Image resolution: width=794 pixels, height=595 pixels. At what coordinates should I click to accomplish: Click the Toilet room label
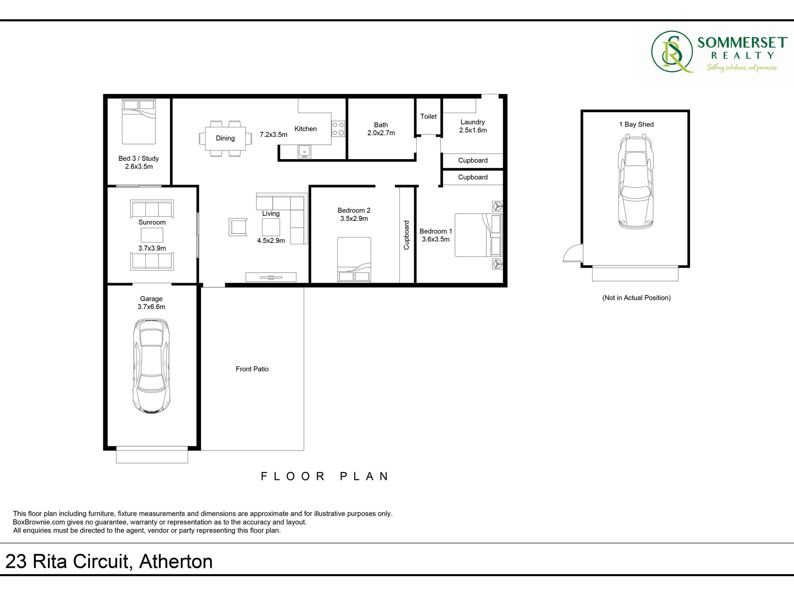(x=428, y=116)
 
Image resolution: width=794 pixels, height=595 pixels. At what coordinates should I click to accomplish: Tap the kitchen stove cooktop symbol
(x=338, y=129)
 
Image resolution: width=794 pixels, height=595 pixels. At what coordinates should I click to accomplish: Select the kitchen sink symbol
(x=304, y=151)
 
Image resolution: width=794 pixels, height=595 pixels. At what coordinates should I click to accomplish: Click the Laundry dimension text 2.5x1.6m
(x=473, y=130)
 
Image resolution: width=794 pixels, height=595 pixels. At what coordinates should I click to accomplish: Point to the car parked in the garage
(x=151, y=366)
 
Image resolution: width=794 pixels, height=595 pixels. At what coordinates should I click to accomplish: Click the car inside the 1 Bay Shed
(x=635, y=181)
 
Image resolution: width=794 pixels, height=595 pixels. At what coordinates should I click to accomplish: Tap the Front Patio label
(x=252, y=369)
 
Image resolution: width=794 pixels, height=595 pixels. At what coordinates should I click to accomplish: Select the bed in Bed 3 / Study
(x=139, y=122)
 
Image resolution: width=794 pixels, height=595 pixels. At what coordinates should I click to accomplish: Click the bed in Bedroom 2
(x=354, y=260)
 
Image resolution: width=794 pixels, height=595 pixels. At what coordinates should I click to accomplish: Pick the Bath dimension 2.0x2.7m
(x=381, y=133)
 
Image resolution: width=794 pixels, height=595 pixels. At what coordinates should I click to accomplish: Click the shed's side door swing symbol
(x=573, y=253)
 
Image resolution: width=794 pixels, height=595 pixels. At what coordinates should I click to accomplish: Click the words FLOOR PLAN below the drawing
(x=325, y=476)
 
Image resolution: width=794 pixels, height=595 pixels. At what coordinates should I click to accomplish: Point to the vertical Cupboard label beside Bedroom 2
(x=406, y=235)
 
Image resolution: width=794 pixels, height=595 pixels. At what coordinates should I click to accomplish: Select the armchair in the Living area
(x=238, y=227)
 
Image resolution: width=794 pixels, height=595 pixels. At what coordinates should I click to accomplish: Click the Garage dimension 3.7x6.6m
(x=151, y=307)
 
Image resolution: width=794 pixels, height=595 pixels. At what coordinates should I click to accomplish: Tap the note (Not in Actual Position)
(x=636, y=298)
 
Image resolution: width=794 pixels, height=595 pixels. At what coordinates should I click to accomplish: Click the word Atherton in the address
(x=176, y=562)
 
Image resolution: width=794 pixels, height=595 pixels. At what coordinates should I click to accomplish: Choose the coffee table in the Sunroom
(x=152, y=235)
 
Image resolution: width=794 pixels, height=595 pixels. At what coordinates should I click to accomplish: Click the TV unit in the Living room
(x=271, y=277)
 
